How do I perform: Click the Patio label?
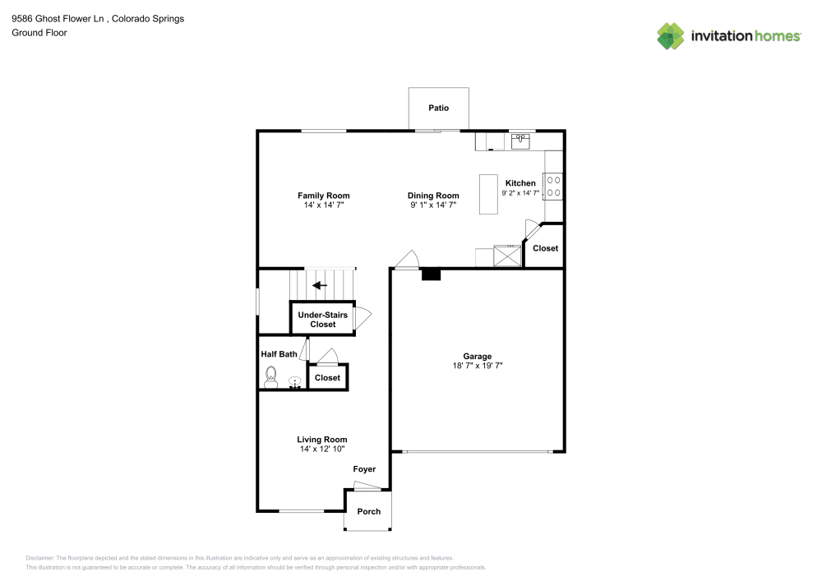tap(438, 108)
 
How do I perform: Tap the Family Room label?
tap(323, 196)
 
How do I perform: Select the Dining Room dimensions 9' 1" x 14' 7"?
tap(432, 205)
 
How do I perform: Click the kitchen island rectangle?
tap(488, 194)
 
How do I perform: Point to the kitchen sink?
tap(520, 142)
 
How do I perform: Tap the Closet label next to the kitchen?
tap(545, 248)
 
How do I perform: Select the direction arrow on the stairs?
tap(319, 285)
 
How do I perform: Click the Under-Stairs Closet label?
tap(322, 320)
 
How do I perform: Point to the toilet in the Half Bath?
tap(272, 376)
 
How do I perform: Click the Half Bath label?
tap(279, 354)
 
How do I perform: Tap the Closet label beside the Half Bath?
tap(327, 378)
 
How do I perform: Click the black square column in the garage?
tap(431, 275)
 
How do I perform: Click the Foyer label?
tap(364, 469)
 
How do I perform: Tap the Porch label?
tap(369, 511)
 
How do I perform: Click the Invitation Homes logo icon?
tap(670, 35)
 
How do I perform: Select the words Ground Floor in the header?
tap(39, 33)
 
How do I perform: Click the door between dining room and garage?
tap(405, 260)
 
